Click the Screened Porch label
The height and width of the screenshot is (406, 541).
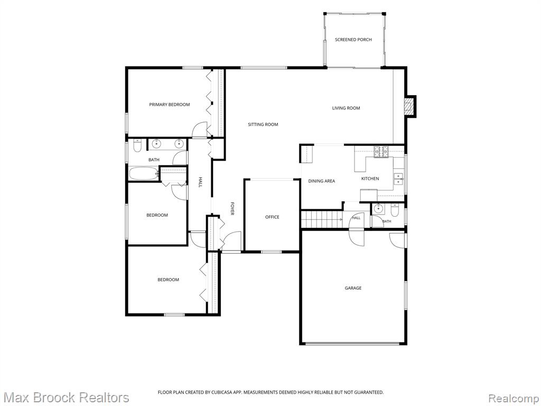[353, 40]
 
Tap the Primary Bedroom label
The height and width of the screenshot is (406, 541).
[170, 105]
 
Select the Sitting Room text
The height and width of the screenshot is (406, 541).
[263, 124]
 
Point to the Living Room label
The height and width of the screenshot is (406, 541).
[346, 108]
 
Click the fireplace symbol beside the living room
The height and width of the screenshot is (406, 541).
[409, 106]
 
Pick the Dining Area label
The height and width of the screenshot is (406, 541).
[322, 181]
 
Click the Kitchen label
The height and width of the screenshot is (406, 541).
[370, 179]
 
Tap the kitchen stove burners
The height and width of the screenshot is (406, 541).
[381, 152]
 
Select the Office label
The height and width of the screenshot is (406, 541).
[272, 217]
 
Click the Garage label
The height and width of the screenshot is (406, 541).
[353, 288]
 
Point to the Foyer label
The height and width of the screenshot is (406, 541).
[232, 209]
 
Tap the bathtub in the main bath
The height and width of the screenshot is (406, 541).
[144, 173]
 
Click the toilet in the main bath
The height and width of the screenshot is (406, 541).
[137, 145]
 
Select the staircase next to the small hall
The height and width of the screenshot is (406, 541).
[321, 219]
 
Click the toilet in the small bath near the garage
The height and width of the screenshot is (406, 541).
[394, 209]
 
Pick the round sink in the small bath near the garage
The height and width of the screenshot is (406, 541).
[378, 209]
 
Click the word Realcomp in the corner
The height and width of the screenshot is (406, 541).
[514, 398]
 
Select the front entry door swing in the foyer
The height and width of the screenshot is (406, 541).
[232, 241]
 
